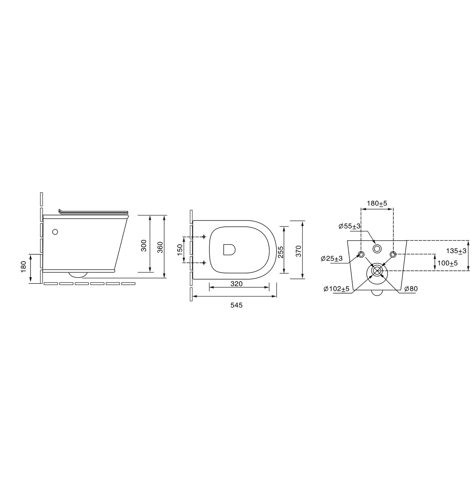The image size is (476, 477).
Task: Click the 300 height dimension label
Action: (144, 245)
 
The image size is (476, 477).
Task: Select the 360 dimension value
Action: (160, 247)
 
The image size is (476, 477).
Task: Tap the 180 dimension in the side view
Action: (24, 267)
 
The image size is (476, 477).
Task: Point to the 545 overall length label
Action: (237, 305)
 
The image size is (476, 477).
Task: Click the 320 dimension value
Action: (237, 284)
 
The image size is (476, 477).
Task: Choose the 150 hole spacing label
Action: (180, 250)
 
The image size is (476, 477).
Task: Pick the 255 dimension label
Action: (280, 252)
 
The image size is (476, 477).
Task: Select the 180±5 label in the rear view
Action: (376, 203)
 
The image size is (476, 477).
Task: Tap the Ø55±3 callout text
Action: (350, 226)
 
